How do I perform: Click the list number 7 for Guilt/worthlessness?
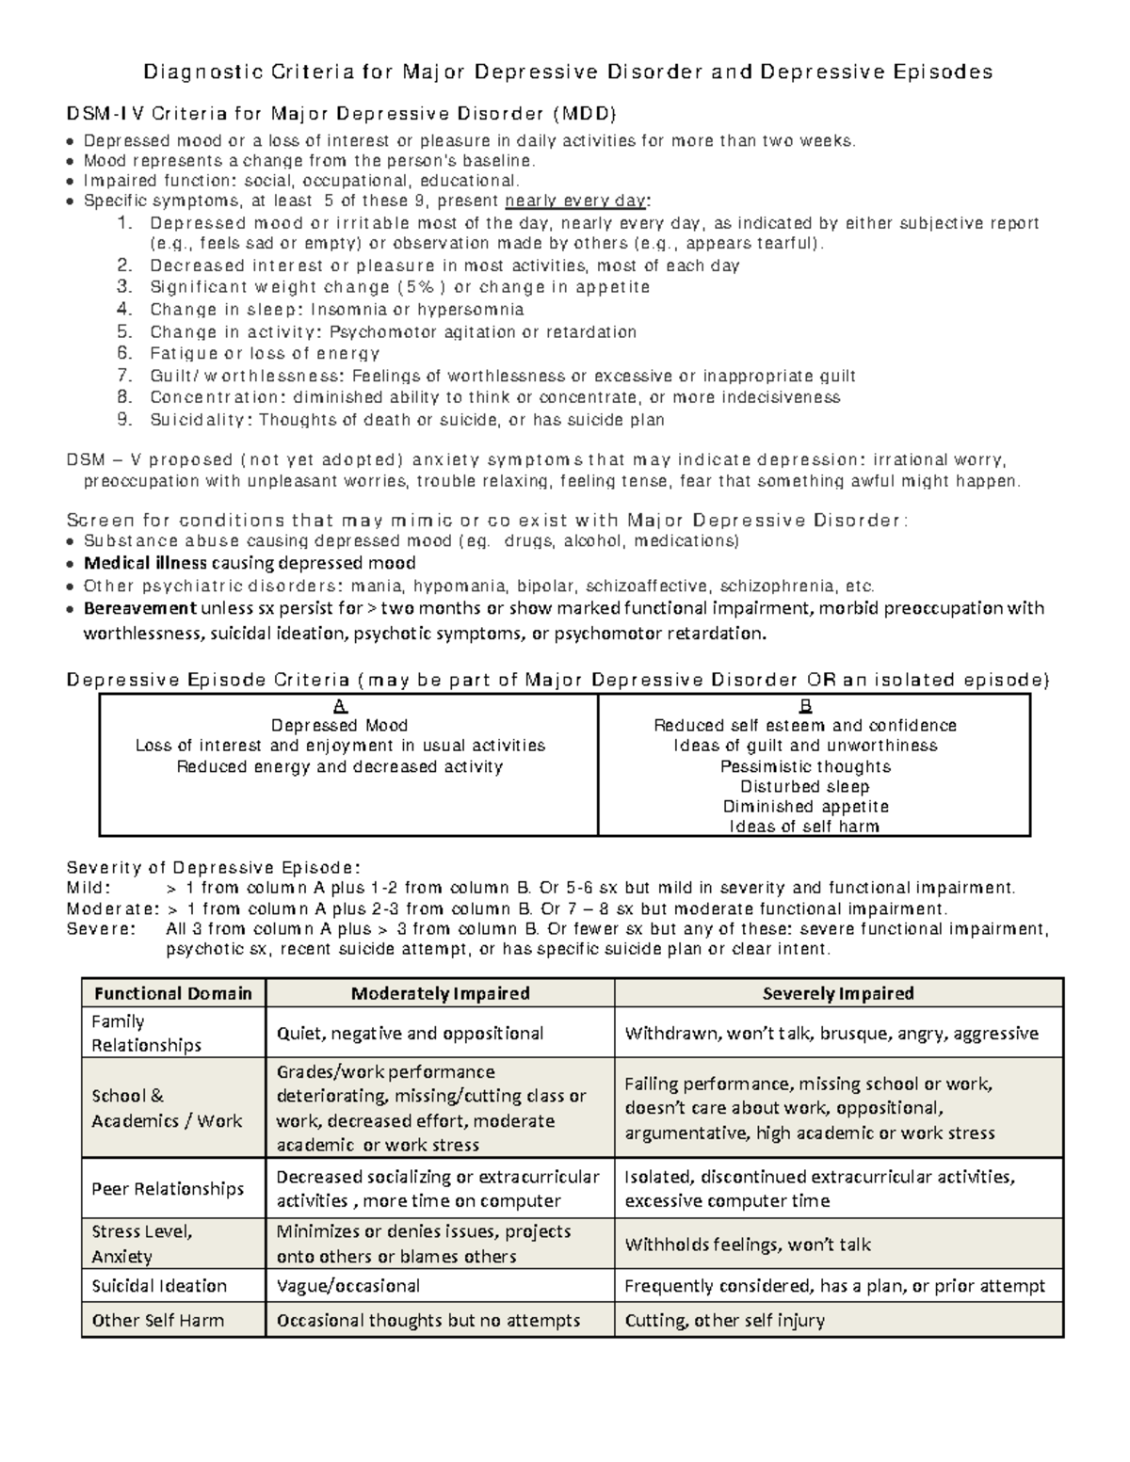tap(124, 376)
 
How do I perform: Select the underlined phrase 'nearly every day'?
tap(576, 201)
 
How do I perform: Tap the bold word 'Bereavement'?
tap(140, 608)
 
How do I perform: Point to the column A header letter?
tap(340, 706)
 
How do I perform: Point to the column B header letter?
tap(805, 706)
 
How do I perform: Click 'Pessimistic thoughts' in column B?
tap(805, 766)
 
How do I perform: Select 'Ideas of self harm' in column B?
tap(805, 827)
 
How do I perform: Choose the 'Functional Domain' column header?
tap(173, 993)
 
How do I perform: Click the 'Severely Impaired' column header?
tap(838, 993)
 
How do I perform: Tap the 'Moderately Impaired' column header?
tap(440, 993)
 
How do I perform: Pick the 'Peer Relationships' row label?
tap(168, 1189)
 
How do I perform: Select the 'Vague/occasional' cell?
tap(348, 1286)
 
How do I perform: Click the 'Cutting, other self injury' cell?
tap(725, 1321)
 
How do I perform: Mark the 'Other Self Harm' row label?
tap(158, 1321)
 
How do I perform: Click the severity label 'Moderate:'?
tap(113, 909)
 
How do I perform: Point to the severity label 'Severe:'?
tap(101, 929)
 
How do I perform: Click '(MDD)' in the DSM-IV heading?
tap(584, 115)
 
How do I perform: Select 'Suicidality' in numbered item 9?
tap(201, 420)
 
